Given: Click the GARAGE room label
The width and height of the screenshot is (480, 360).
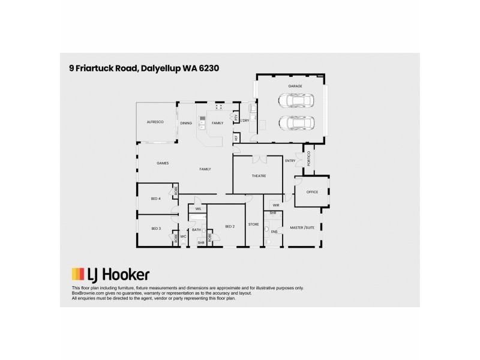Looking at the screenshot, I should pos(294,86).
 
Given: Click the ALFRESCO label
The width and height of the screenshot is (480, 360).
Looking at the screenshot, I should pos(155,122).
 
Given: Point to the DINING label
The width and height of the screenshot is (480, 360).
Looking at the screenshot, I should pos(186,123).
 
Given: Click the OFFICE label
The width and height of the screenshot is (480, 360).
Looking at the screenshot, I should pos(311,192).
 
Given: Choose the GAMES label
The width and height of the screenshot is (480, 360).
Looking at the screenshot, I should pos(163,163).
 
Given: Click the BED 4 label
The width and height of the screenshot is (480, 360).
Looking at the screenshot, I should pos(155,198).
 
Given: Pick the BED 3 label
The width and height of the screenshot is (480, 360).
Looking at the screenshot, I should pos(155,229).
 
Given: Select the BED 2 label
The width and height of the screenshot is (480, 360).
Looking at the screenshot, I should pos(229,226).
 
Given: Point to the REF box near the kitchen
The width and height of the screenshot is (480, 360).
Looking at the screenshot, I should pos(236,138).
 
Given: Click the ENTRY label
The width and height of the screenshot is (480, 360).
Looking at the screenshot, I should pos(290,160).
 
